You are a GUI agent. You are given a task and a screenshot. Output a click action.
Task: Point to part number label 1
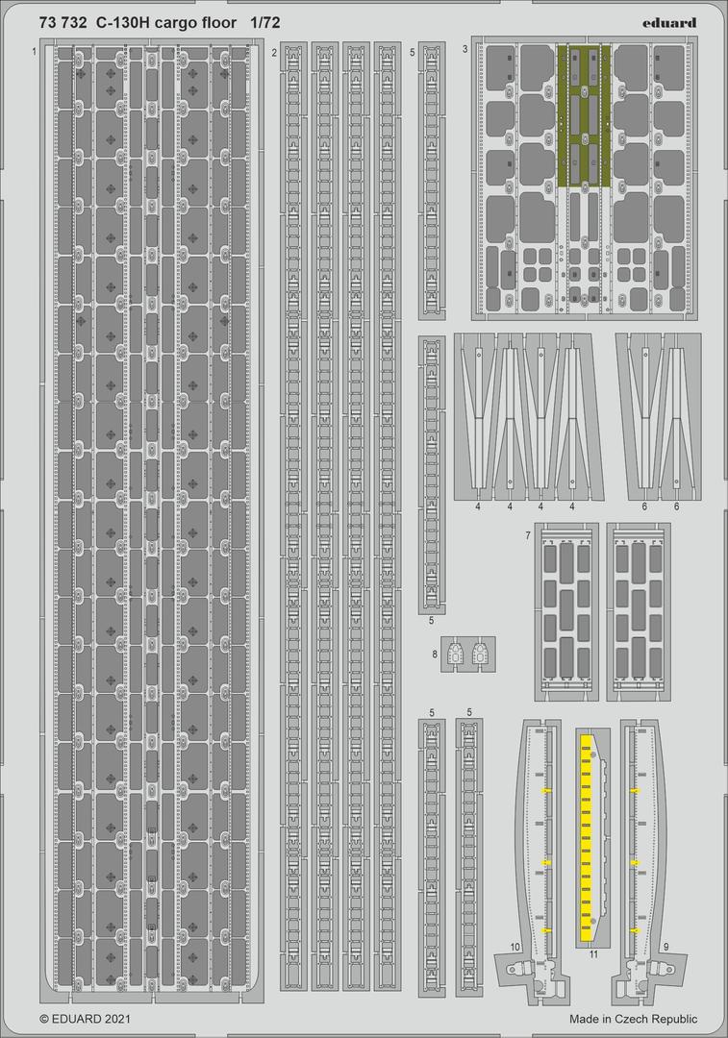(34, 51)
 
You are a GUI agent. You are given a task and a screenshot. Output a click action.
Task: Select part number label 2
(274, 52)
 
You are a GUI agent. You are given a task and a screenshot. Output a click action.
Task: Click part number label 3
(464, 49)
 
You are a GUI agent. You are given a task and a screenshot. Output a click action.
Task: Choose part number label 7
(528, 533)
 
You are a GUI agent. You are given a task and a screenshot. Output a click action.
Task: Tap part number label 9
(665, 947)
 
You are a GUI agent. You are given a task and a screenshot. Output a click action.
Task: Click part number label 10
(515, 948)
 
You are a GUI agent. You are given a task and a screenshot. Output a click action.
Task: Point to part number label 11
(593, 954)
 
